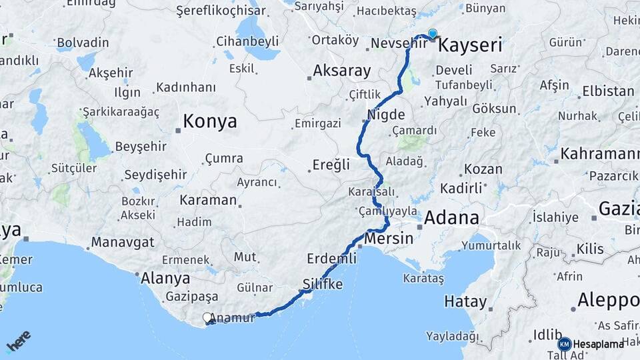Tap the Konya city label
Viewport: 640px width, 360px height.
pyautogui.click(x=210, y=121)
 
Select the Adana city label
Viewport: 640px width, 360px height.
pyautogui.click(x=451, y=217)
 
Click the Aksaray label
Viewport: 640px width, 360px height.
pyautogui.click(x=342, y=70)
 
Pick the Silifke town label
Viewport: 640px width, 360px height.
pyautogui.click(x=323, y=284)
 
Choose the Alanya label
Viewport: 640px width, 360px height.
pyautogui.click(x=165, y=278)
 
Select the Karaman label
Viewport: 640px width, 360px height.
pyautogui.click(x=208, y=200)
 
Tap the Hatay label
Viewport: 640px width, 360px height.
pyautogui.click(x=465, y=301)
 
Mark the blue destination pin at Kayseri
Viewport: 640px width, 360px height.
pyautogui.click(x=433, y=33)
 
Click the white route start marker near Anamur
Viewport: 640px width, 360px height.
pyautogui.click(x=207, y=318)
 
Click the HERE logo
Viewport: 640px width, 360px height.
pyautogui.click(x=19, y=341)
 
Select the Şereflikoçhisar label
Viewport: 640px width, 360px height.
pyautogui.click(x=221, y=11)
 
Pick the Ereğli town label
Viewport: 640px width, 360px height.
pyautogui.click(x=332, y=165)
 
